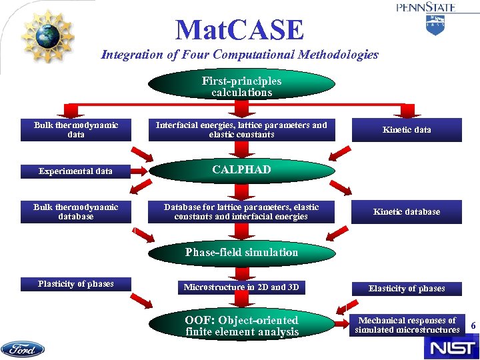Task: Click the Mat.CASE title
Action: pyautogui.click(x=239, y=30)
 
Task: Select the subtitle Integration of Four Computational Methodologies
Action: pyautogui.click(x=239, y=55)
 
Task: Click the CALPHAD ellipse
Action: pyautogui.click(x=241, y=170)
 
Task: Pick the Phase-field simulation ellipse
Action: pyautogui.click(x=241, y=253)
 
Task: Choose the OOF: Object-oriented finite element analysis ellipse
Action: pyautogui.click(x=241, y=326)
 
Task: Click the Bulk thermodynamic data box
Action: pyautogui.click(x=76, y=129)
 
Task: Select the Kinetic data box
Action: pyautogui.click(x=407, y=129)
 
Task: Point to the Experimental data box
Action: pyautogui.click(x=76, y=171)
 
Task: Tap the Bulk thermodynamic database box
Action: pyautogui.click(x=76, y=212)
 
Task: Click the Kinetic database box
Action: pyautogui.click(x=407, y=212)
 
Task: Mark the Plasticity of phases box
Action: pyautogui.click(x=76, y=284)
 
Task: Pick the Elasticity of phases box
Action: pyautogui.click(x=407, y=289)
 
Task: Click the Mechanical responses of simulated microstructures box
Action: pyautogui.click(x=407, y=325)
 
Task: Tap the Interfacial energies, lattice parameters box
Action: pyautogui.click(x=241, y=129)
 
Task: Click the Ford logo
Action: pyautogui.click(x=23, y=349)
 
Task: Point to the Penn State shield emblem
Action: pyautogui.click(x=435, y=25)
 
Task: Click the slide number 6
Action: pyautogui.click(x=473, y=325)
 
